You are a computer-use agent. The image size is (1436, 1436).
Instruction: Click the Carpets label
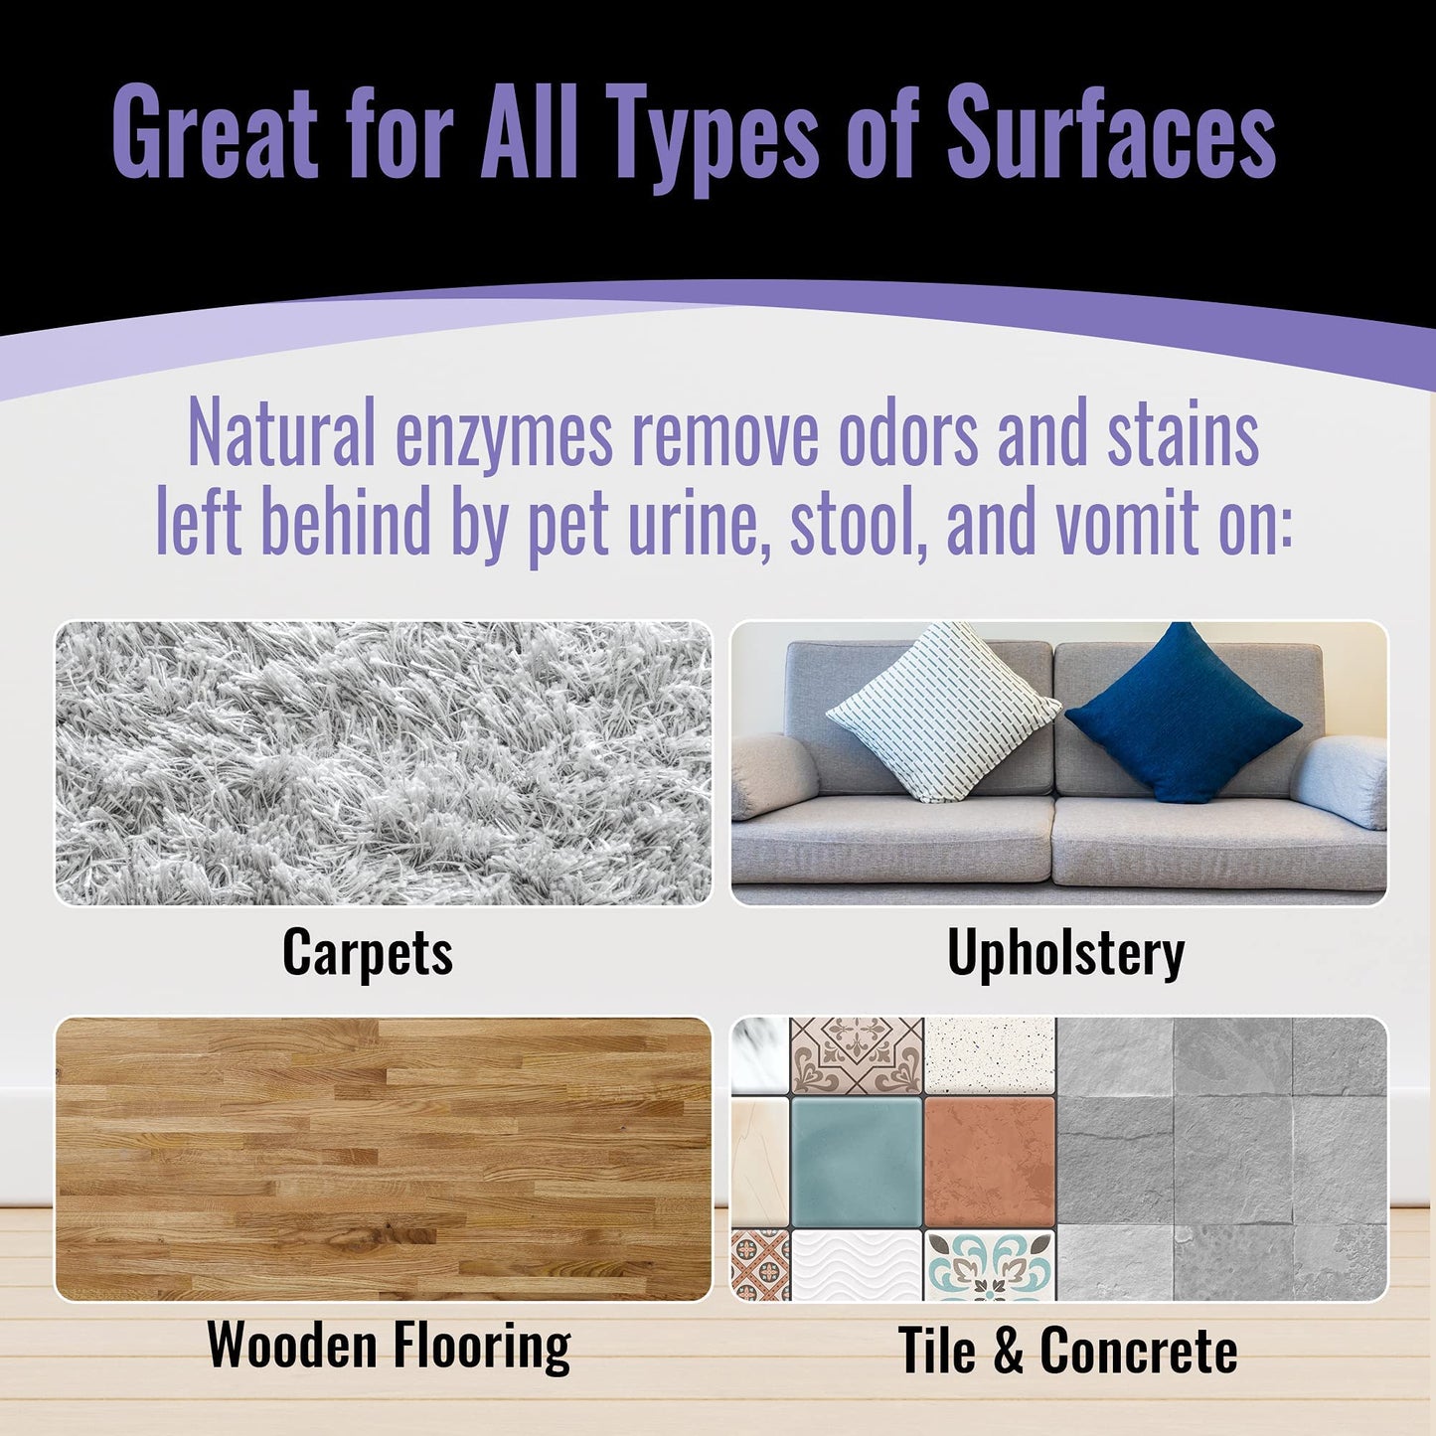point(368,952)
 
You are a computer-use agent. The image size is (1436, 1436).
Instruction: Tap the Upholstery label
point(1065,953)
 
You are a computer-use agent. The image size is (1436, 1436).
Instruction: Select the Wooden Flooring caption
point(389,1346)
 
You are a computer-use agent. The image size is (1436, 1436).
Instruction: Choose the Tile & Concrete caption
point(1067,1351)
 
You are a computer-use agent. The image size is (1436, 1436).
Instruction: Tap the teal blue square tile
point(856,1161)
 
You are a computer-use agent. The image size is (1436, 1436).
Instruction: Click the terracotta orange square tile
point(989,1161)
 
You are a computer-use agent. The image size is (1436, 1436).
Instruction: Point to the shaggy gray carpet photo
point(384,763)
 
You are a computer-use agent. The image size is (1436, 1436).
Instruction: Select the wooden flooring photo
point(384,1159)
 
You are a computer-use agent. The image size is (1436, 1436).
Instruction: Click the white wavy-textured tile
point(856,1265)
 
